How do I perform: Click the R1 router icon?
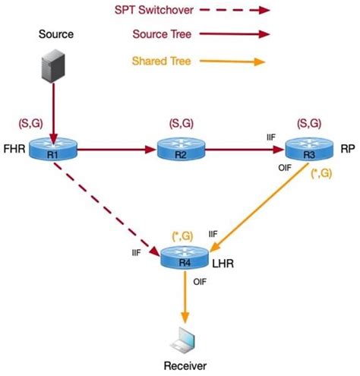coord(52,150)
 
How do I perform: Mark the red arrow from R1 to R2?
coord(114,150)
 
